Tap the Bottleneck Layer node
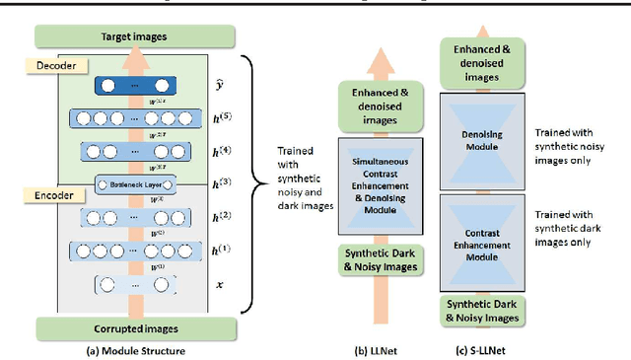click(x=135, y=184)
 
